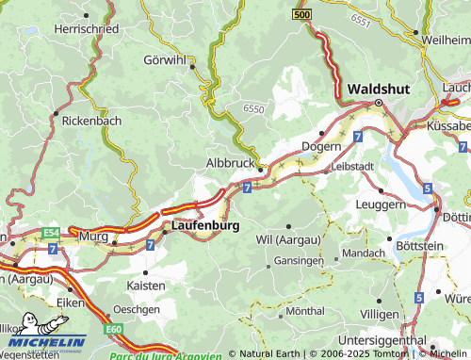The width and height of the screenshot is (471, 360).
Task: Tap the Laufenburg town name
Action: coord(205,227)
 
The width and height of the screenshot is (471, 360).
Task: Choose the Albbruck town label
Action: coord(230,163)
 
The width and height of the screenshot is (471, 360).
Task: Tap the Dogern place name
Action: coord(320,147)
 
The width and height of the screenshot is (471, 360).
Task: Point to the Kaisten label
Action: coord(145,285)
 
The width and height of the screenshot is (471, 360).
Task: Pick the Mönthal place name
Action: coord(304,310)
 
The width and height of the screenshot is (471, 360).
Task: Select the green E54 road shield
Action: coord(50,232)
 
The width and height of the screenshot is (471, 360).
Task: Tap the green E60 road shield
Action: coord(114,328)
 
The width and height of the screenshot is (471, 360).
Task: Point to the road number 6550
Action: coord(253,109)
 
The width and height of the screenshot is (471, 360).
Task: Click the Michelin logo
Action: coord(43,339)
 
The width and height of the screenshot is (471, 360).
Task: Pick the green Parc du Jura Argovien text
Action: coord(165,355)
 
